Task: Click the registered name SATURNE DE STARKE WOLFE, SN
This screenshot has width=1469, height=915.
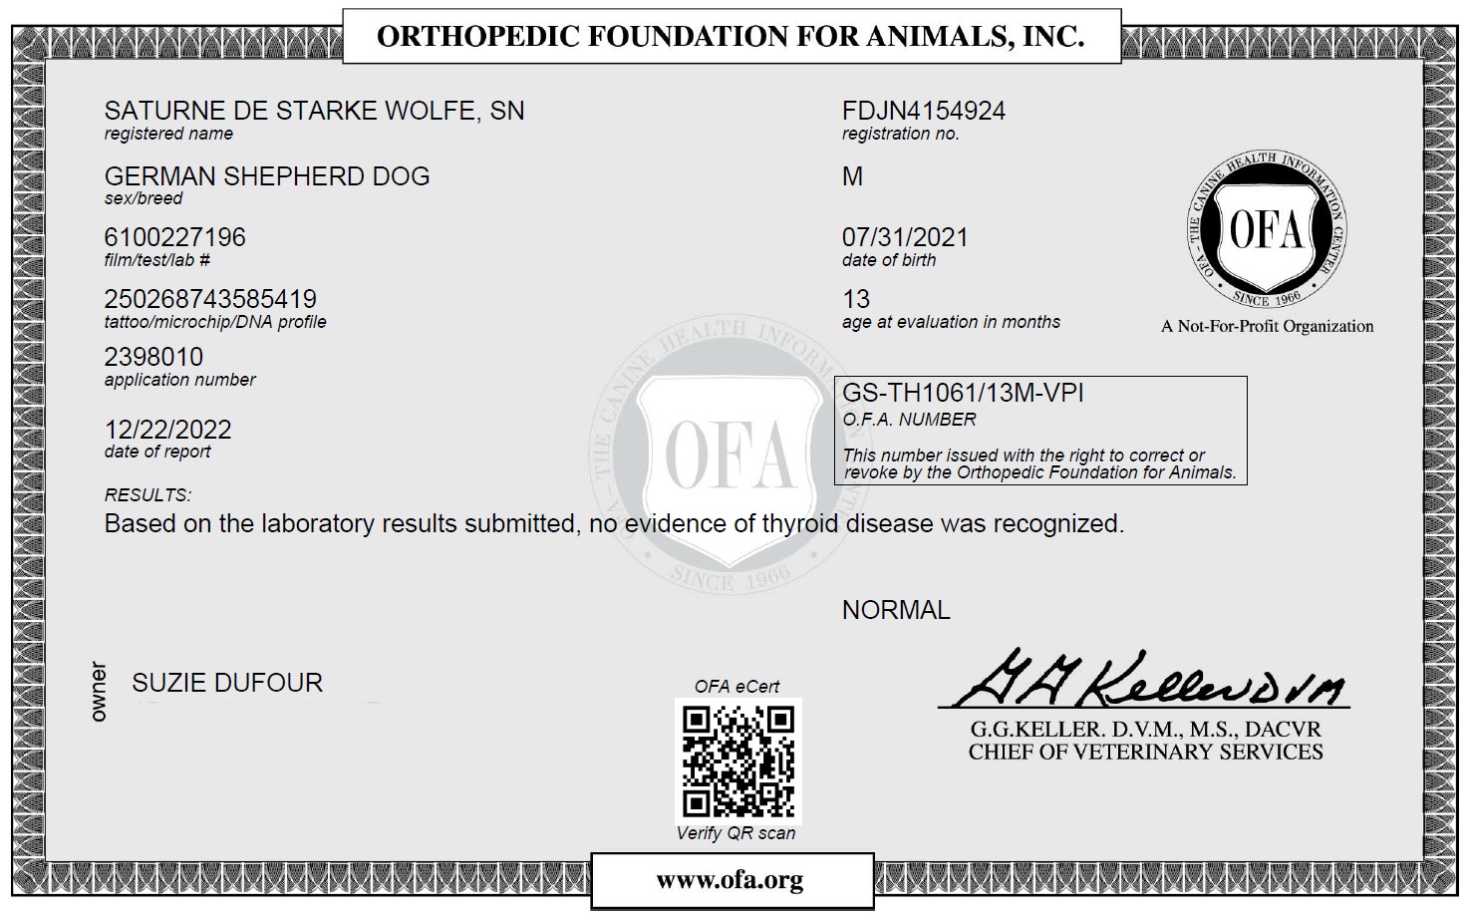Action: point(314,111)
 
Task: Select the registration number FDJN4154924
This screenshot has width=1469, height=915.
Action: point(923,111)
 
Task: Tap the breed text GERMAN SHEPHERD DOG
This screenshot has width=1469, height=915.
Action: point(267,176)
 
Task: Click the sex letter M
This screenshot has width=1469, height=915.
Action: point(852,176)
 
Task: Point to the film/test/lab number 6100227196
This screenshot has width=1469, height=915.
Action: point(174,237)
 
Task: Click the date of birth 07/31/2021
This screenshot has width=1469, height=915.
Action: point(905,237)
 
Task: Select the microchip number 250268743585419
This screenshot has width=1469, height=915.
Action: point(210,299)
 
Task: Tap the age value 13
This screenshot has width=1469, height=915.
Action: point(856,299)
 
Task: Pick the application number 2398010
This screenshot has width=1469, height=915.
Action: point(153,357)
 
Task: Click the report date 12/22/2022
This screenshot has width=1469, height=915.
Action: point(167,430)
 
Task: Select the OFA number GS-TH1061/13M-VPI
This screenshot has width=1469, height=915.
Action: point(963,393)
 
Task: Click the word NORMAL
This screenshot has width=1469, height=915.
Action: point(896,610)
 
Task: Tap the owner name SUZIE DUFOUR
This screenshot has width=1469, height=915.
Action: point(227,683)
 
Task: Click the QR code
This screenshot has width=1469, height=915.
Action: point(737,760)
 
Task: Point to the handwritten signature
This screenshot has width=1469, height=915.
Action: point(1144,681)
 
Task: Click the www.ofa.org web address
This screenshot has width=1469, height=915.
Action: point(730,880)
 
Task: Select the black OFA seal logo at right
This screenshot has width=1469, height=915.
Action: point(1266,231)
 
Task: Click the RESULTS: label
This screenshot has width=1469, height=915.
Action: point(147,495)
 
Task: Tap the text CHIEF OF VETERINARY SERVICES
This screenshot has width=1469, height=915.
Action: point(1145,753)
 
